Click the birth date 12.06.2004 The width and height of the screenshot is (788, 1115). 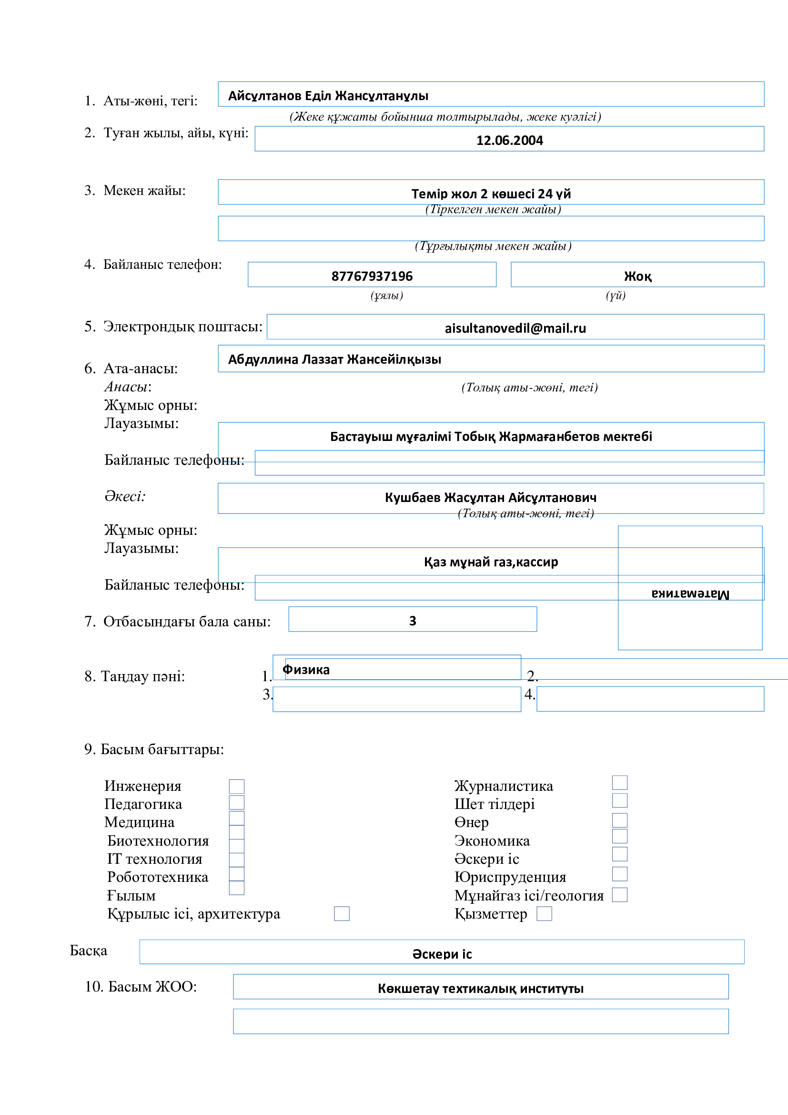[x=509, y=140]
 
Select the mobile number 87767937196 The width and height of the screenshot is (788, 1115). [x=372, y=276]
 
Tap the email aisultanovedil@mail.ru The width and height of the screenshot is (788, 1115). [x=515, y=328]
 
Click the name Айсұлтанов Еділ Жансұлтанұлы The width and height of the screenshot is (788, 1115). [x=328, y=96]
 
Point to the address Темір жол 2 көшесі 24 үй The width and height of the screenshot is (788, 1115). [x=491, y=194]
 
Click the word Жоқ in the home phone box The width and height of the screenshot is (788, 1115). [x=637, y=276]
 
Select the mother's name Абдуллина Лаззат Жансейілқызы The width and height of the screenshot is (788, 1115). [x=334, y=359]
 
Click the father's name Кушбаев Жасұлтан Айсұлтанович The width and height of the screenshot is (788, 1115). [x=491, y=497]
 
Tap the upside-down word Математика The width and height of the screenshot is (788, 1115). [x=690, y=593]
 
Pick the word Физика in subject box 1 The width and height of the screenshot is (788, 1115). [x=306, y=670]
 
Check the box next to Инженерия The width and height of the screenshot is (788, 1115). [x=237, y=786]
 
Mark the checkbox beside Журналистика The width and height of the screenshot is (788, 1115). [x=620, y=782]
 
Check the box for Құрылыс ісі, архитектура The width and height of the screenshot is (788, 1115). [x=342, y=913]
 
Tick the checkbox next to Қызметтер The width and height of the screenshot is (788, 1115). [x=544, y=913]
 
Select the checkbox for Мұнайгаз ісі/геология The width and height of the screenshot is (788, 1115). [x=620, y=894]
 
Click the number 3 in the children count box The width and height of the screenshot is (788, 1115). [x=413, y=621]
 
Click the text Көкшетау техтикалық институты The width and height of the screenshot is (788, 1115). [x=480, y=989]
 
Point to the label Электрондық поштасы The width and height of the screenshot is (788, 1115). [x=182, y=327]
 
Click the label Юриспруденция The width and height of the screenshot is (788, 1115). [x=510, y=877]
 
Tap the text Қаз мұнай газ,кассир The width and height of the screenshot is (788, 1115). [x=491, y=562]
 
